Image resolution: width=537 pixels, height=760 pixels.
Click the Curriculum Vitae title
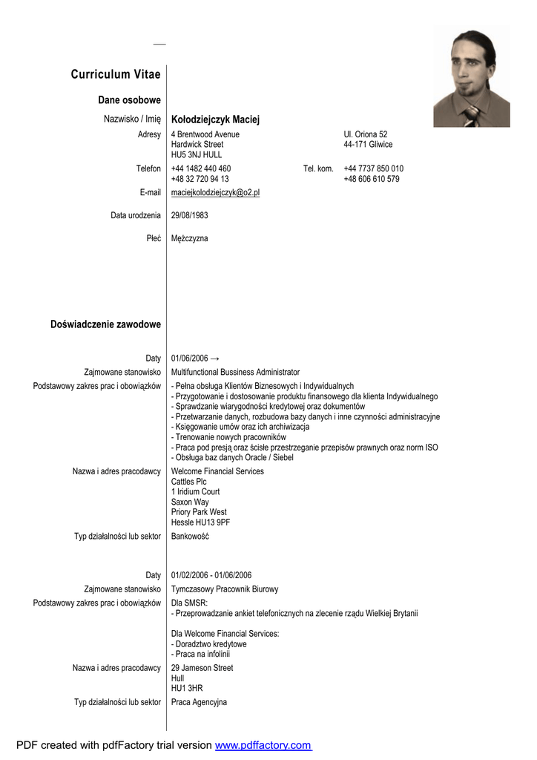[116, 74]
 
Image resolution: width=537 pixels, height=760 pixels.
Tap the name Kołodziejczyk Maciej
[215, 119]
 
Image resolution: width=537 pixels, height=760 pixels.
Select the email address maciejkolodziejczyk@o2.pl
[215, 192]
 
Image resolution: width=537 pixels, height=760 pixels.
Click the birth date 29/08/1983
[189, 215]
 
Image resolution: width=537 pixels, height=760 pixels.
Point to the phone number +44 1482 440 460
[201, 168]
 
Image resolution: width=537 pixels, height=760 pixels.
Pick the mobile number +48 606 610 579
[372, 179]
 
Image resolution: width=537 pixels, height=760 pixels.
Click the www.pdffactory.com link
[263, 745]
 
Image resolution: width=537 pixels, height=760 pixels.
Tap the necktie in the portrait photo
[472, 114]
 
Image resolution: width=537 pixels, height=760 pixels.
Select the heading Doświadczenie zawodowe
[105, 324]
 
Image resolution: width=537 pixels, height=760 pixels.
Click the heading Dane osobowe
[129, 100]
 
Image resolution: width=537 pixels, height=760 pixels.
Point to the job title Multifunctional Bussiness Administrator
[235, 372]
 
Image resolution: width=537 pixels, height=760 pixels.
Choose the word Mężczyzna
[189, 239]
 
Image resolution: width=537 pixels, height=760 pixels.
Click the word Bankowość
[190, 537]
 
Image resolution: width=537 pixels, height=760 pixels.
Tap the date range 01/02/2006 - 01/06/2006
[211, 575]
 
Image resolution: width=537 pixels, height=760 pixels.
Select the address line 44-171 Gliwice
[368, 145]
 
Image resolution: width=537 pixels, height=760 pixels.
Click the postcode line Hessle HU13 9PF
[200, 522]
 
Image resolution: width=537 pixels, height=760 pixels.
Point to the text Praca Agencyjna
[199, 702]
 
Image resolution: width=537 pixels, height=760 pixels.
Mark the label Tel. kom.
[318, 168]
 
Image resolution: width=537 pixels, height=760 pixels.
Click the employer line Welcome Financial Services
[217, 471]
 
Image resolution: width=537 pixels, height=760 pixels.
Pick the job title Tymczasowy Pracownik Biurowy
[225, 589]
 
